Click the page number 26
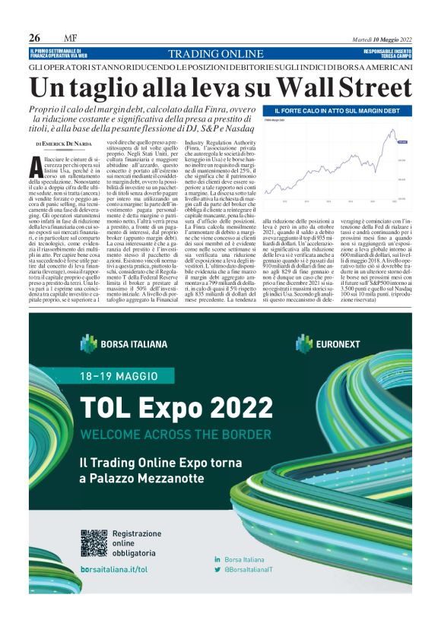pyautogui.click(x=35, y=38)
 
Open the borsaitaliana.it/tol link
pyautogui.click(x=114, y=568)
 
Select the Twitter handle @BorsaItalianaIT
pyautogui.click(x=259, y=569)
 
